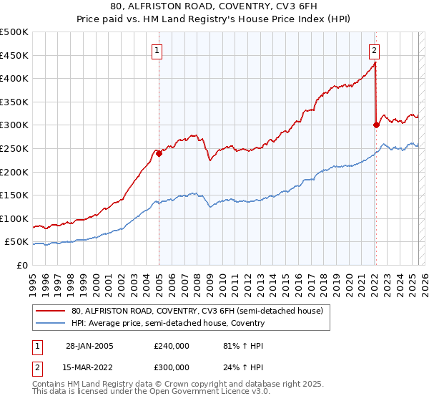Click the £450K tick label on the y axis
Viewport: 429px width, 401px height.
14,55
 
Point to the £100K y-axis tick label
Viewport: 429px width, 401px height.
14,218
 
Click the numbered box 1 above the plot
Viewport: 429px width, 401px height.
156,50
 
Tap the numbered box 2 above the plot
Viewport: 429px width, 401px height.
374,50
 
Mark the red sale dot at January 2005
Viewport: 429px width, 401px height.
159,153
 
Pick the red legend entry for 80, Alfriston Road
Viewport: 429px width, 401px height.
197,311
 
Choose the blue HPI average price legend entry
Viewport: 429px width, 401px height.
168,323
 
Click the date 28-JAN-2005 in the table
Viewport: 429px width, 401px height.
89,346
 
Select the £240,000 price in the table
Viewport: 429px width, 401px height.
172,346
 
